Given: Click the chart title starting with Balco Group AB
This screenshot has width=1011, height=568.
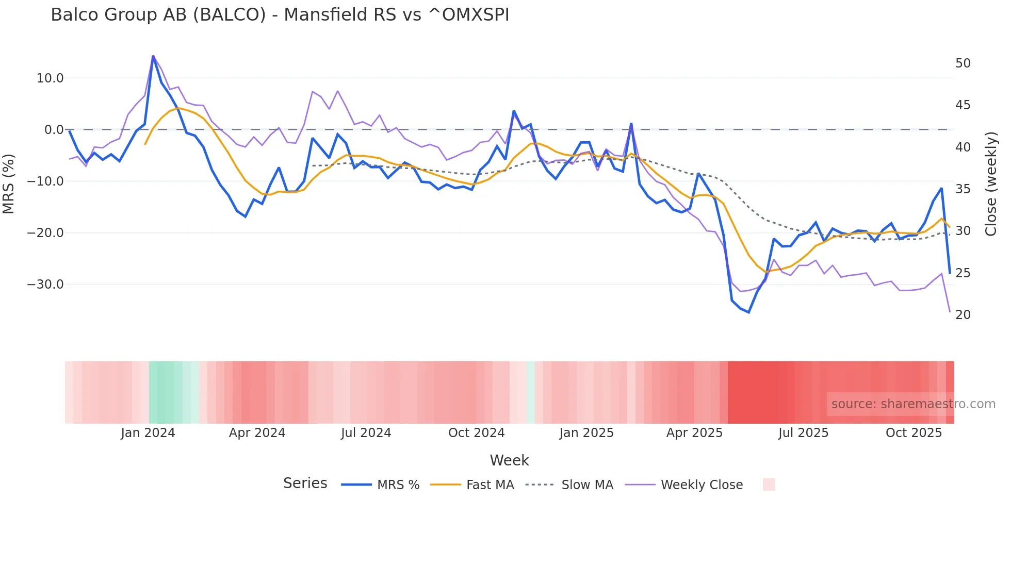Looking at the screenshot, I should tap(280, 15).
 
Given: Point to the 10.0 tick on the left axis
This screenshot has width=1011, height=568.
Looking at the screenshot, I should tap(50, 78).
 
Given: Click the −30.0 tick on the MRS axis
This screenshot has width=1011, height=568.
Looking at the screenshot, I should tap(45, 285).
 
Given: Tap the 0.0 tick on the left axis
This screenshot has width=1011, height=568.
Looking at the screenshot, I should tap(54, 130).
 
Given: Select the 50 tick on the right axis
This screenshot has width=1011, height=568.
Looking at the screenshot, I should tap(963, 63).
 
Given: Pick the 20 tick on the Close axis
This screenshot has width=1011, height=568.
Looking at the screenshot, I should tap(963, 315).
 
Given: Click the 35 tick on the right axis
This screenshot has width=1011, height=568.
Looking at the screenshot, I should tap(963, 189).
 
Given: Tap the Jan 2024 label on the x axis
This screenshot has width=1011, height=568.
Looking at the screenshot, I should tap(148, 433).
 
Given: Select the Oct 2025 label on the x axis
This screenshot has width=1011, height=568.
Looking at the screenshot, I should tap(914, 433).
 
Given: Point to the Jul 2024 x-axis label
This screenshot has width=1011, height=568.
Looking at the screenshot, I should tap(366, 433).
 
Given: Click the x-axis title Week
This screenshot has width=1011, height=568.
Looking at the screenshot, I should tap(509, 460).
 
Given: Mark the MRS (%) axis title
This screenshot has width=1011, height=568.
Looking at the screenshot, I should tap(9, 183).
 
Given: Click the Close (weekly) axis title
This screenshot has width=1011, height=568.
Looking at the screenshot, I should tap(991, 183).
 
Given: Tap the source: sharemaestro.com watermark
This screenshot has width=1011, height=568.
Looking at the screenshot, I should tap(913, 404).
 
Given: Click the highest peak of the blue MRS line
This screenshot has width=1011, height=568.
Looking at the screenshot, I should tap(153, 56).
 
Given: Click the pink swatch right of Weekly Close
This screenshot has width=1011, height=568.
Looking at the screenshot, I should tap(769, 485).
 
